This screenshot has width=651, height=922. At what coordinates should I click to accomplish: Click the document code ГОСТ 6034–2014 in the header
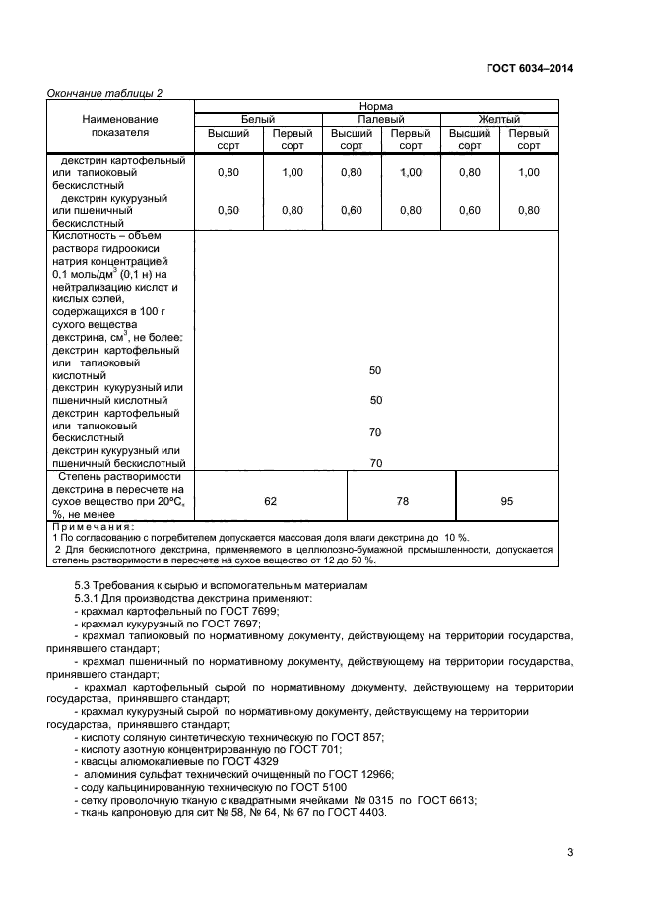point(529,68)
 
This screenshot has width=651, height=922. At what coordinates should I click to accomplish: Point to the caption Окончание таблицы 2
point(105,93)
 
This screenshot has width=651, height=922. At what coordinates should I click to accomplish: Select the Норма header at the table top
point(376,105)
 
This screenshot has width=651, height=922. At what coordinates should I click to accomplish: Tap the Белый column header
point(258,119)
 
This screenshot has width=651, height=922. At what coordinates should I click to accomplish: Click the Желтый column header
point(498,119)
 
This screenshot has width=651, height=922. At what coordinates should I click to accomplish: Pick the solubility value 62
point(271,501)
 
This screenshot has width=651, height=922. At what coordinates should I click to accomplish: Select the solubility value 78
point(402,501)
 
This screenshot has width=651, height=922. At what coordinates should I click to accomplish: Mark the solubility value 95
point(506,501)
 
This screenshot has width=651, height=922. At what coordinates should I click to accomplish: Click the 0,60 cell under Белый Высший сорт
point(228,210)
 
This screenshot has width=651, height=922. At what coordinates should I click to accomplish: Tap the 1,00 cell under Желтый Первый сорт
point(529,172)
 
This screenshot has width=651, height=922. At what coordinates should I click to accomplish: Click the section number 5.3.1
point(91,598)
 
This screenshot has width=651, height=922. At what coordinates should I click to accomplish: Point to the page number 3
point(569,853)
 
